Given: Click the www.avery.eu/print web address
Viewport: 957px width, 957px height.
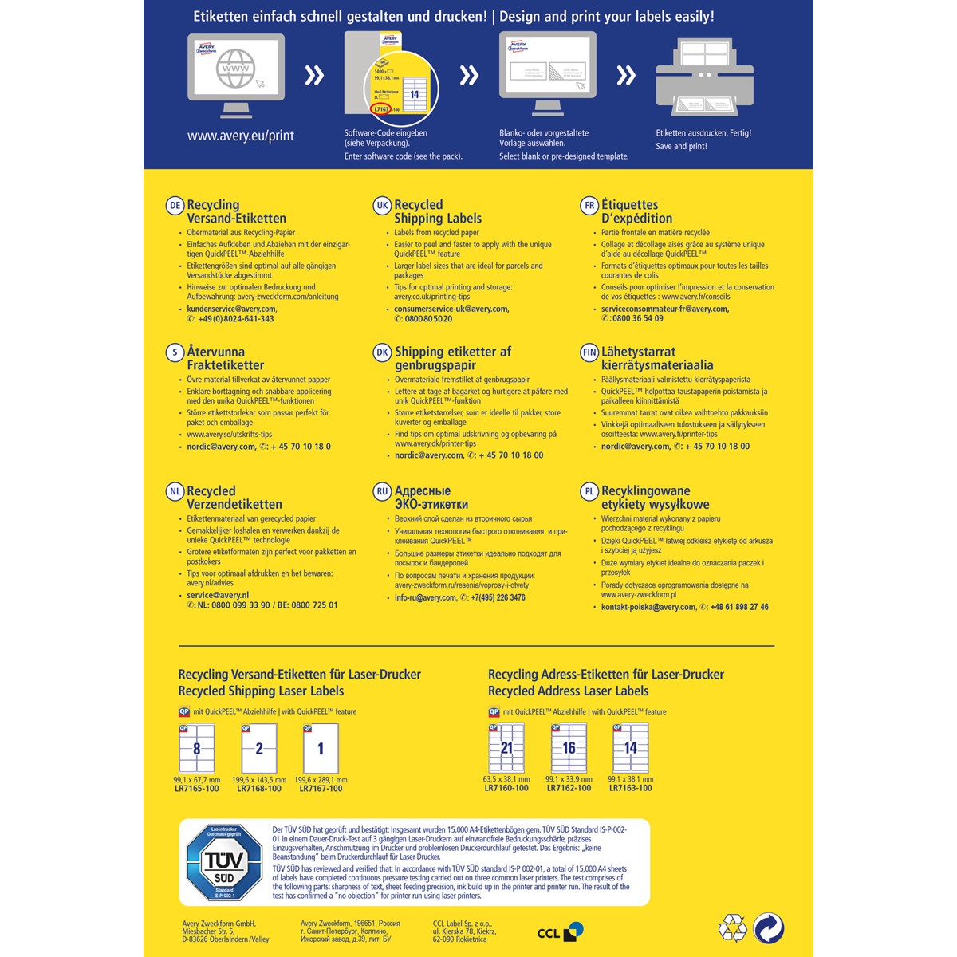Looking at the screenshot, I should pos(241,136).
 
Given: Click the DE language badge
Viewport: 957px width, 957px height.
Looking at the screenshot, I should pos(175,206).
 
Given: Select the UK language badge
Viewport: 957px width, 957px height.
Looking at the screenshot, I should pos(382,206).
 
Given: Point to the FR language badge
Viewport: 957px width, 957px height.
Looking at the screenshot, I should pos(589,206).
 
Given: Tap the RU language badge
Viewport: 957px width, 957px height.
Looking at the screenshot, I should pos(382,492).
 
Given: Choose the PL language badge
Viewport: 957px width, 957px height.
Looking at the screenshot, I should pos(589,492).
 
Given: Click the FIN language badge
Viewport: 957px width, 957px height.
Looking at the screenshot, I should pos(589,352).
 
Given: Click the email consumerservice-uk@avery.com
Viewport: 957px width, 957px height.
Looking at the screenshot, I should pos(451,309).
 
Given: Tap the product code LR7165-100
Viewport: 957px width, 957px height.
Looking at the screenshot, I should pos(196,789).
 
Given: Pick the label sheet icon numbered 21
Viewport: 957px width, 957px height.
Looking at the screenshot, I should pos(506,748).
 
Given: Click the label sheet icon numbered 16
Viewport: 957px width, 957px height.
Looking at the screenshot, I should pos(569,748).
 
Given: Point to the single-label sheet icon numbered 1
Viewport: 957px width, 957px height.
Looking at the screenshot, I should pos(321,748).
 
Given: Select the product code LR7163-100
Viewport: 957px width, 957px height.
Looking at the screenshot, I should pos(630,788).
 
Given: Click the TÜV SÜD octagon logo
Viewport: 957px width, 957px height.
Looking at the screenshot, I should pos(224,862).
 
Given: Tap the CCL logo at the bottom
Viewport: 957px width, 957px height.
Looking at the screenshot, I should pos(560,931).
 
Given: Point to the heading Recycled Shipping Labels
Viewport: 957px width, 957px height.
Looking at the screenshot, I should pos(438,211).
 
